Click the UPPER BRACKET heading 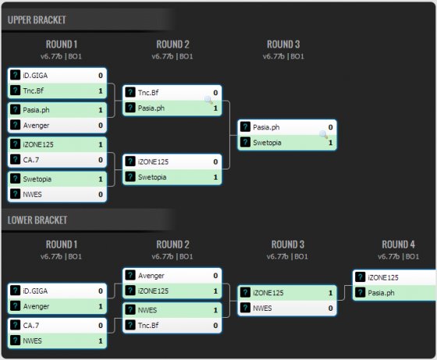pos(37,20)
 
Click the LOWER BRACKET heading pos(37,220)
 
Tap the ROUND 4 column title pos(398,244)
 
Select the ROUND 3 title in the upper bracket pos(283,45)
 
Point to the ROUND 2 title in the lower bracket pos(172,244)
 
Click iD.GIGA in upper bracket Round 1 pos(35,75)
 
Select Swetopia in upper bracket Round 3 pos(267,142)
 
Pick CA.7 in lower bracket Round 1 pos(31,326)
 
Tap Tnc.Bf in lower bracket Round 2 pos(148,325)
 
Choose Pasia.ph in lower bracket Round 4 pos(381,293)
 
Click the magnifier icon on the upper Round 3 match pos(323,134)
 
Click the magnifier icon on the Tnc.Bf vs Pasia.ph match pos(208,99)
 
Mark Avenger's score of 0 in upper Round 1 pos(101,126)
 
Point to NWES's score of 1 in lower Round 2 pos(215,310)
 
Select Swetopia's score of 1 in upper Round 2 pos(215,177)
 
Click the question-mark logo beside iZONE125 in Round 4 pos(360,277)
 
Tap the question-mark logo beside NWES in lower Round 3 pos(245,308)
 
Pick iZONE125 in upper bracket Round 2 pos(153,162)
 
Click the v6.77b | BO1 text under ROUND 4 pos(398,257)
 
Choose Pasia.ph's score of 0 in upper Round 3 pos(330,127)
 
